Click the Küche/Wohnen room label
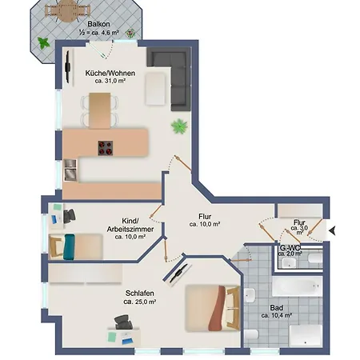[110, 73]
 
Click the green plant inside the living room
[179, 126]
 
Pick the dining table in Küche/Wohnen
[100, 110]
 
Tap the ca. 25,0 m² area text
[138, 302]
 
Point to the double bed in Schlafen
[213, 309]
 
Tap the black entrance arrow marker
[334, 231]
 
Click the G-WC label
[289, 248]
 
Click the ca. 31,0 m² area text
[110, 82]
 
